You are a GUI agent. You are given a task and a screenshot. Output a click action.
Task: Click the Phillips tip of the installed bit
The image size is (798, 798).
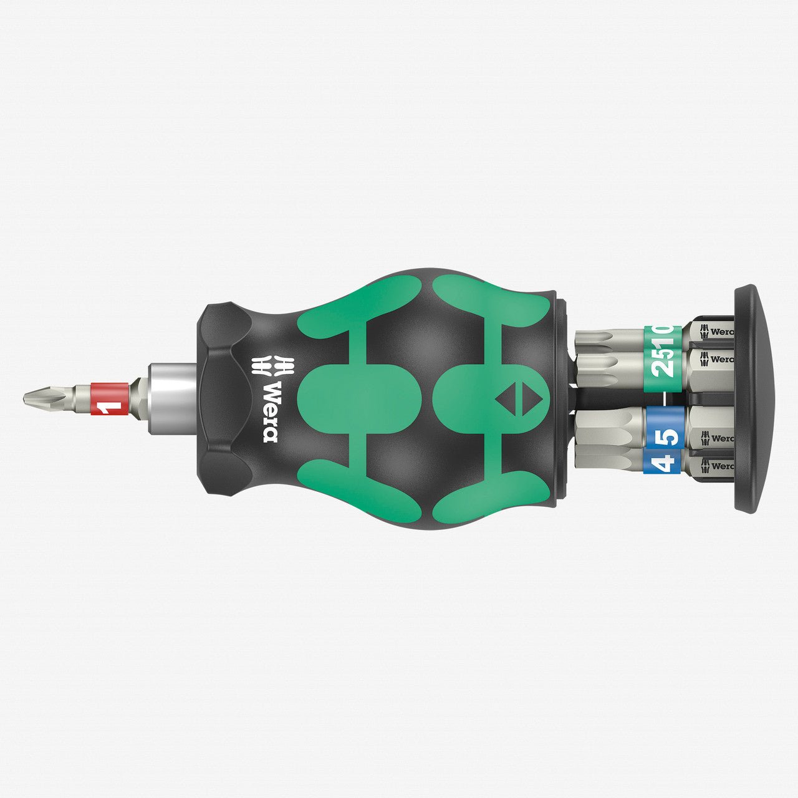pos(37,397)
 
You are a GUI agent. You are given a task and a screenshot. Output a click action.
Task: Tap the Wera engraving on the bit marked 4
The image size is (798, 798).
pos(717,466)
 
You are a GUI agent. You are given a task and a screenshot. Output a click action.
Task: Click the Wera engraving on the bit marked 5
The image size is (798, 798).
pos(717,438)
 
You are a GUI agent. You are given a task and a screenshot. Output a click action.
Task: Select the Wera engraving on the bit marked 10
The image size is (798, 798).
pos(717,332)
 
